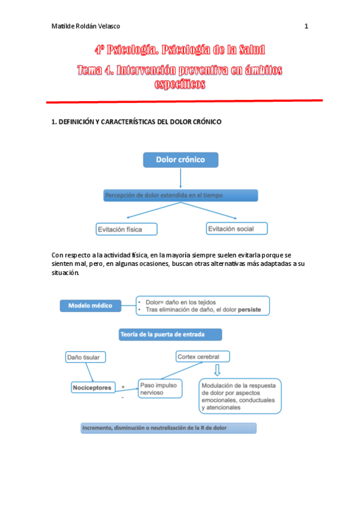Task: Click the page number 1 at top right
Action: click(x=307, y=26)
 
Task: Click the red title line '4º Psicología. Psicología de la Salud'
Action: click(x=180, y=51)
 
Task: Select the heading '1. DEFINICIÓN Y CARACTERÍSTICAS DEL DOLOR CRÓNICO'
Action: click(x=137, y=121)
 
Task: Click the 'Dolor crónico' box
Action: click(x=180, y=159)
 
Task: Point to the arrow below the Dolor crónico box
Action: click(x=180, y=178)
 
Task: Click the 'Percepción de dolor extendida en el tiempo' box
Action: click(x=180, y=195)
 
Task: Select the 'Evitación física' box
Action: click(x=127, y=229)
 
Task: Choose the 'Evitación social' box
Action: click(x=236, y=229)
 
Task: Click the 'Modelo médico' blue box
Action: click(x=90, y=306)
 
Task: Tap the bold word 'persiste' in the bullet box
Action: click(x=253, y=310)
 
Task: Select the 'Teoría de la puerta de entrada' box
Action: click(x=170, y=334)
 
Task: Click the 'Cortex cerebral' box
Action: click(x=202, y=357)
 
